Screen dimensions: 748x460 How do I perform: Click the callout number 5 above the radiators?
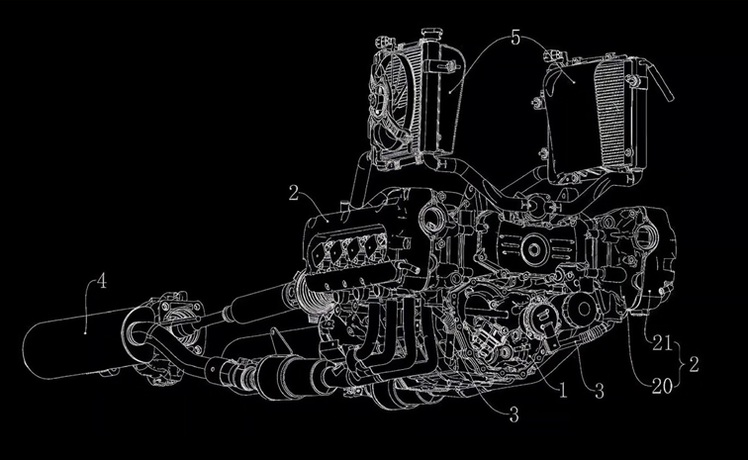click(x=515, y=38)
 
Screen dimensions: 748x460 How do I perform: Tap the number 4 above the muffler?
click(x=101, y=281)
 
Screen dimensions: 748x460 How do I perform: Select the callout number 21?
click(x=662, y=343)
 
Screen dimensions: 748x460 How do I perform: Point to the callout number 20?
click(x=662, y=386)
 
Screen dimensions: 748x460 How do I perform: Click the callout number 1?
click(x=563, y=392)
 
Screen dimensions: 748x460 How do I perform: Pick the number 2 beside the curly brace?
click(x=695, y=365)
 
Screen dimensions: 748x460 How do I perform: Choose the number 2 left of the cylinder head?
click(x=294, y=193)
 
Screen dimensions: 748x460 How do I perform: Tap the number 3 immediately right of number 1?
click(x=600, y=392)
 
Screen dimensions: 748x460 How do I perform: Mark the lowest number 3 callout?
click(x=514, y=415)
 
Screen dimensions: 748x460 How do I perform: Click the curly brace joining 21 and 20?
click(x=682, y=365)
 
